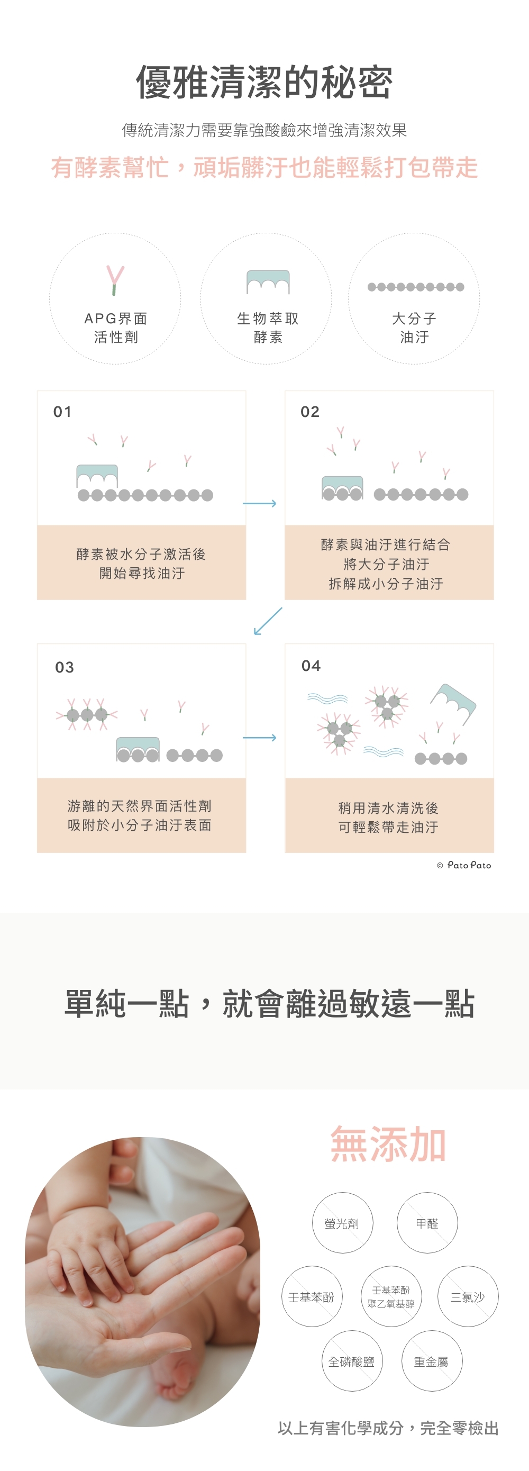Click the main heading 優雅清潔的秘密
[x=264, y=82]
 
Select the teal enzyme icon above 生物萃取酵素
[x=268, y=282]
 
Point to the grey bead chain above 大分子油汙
[x=415, y=287]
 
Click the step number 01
[x=62, y=412]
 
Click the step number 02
[x=310, y=412]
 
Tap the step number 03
[x=65, y=667]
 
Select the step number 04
[x=311, y=665]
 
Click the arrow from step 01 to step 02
[x=260, y=503]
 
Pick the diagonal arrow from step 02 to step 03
[x=268, y=621]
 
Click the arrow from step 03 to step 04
[x=260, y=737]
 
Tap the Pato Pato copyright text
[x=464, y=865]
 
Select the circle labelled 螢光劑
[x=342, y=1223]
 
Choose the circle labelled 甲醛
[x=427, y=1223]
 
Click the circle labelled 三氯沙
[x=468, y=1297]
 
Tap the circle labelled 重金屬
[x=432, y=1362]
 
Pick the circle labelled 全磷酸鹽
[x=352, y=1362]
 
